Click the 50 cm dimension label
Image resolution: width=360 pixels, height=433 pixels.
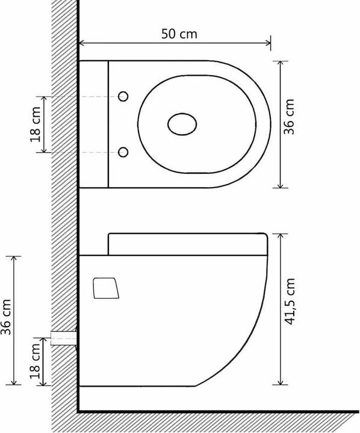[179, 34]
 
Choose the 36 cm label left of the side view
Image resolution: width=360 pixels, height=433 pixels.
[7, 319]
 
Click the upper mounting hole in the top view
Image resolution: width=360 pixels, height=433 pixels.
[123, 96]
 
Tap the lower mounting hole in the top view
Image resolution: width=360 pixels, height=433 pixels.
[123, 152]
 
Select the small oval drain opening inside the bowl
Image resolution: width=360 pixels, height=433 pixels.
[182, 124]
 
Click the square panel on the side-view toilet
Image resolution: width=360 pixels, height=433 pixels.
[105, 287]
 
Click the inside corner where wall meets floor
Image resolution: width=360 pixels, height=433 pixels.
[79, 411]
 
